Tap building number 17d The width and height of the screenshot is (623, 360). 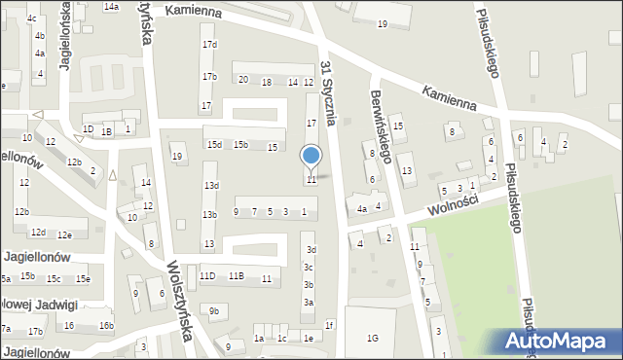point(208,45)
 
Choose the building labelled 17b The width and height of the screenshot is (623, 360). point(208,76)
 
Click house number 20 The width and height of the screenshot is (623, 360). point(243,81)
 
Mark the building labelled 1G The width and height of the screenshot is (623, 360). point(372,338)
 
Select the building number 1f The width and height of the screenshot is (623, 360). point(330,325)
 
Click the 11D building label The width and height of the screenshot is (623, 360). point(207,276)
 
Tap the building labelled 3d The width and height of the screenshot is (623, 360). point(310,250)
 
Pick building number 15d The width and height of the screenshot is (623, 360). point(214,145)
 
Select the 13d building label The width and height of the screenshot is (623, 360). point(210,185)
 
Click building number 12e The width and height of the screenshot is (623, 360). point(64,234)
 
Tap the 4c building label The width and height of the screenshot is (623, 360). point(32,18)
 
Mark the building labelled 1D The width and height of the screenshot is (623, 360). point(88,129)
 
